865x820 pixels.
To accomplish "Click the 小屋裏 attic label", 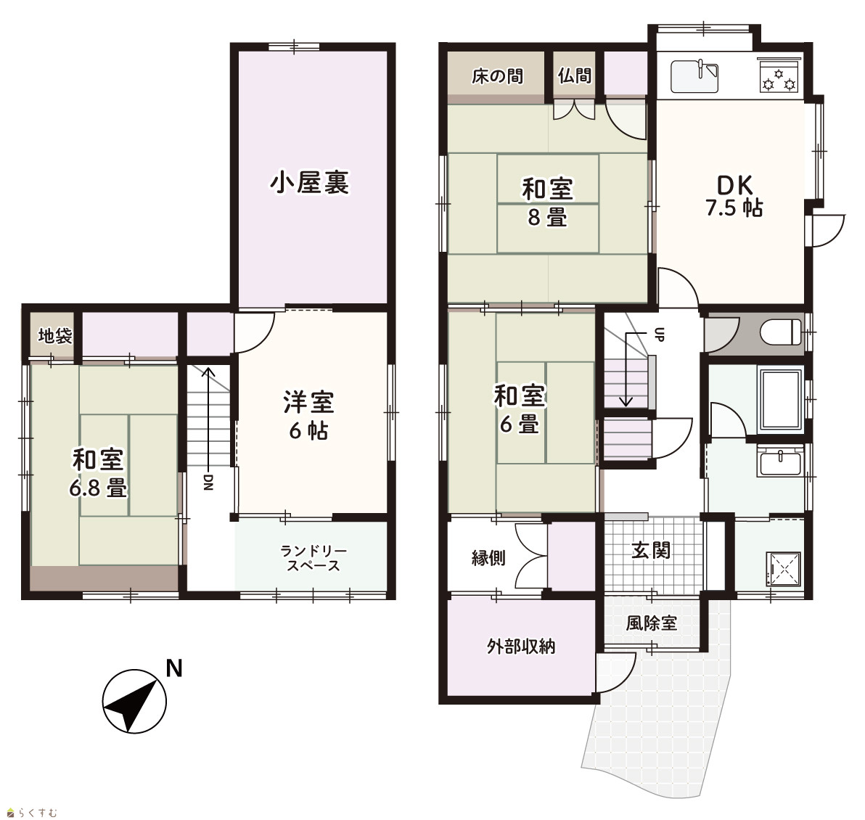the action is pos(309,183).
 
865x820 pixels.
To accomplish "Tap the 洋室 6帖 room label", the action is pos(309,415).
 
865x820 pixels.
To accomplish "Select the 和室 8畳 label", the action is pos(547,202).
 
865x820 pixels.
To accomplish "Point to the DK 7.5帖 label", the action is pos(734,196).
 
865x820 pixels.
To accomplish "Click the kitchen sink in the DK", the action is pos(694,76).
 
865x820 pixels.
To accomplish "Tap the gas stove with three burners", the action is pos(779,76).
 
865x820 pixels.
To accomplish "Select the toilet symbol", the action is pos(781,332).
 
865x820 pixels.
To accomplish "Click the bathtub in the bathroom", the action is pos(781,400).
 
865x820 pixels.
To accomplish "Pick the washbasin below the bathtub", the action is pos(781,462).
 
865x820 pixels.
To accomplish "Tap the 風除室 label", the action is pos(651,623).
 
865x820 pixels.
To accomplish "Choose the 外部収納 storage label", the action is pos(521,646).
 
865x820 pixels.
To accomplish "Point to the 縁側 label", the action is pos(488,558).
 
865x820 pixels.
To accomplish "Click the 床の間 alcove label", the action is pos(497,76).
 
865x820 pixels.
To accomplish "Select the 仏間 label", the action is pos(574,75).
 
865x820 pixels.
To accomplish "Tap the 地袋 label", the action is pos(54,335).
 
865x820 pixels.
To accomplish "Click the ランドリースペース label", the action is pos(313,558).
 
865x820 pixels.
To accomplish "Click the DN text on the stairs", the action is pos(208,482).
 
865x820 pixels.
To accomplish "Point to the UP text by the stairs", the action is pos(659,334).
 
